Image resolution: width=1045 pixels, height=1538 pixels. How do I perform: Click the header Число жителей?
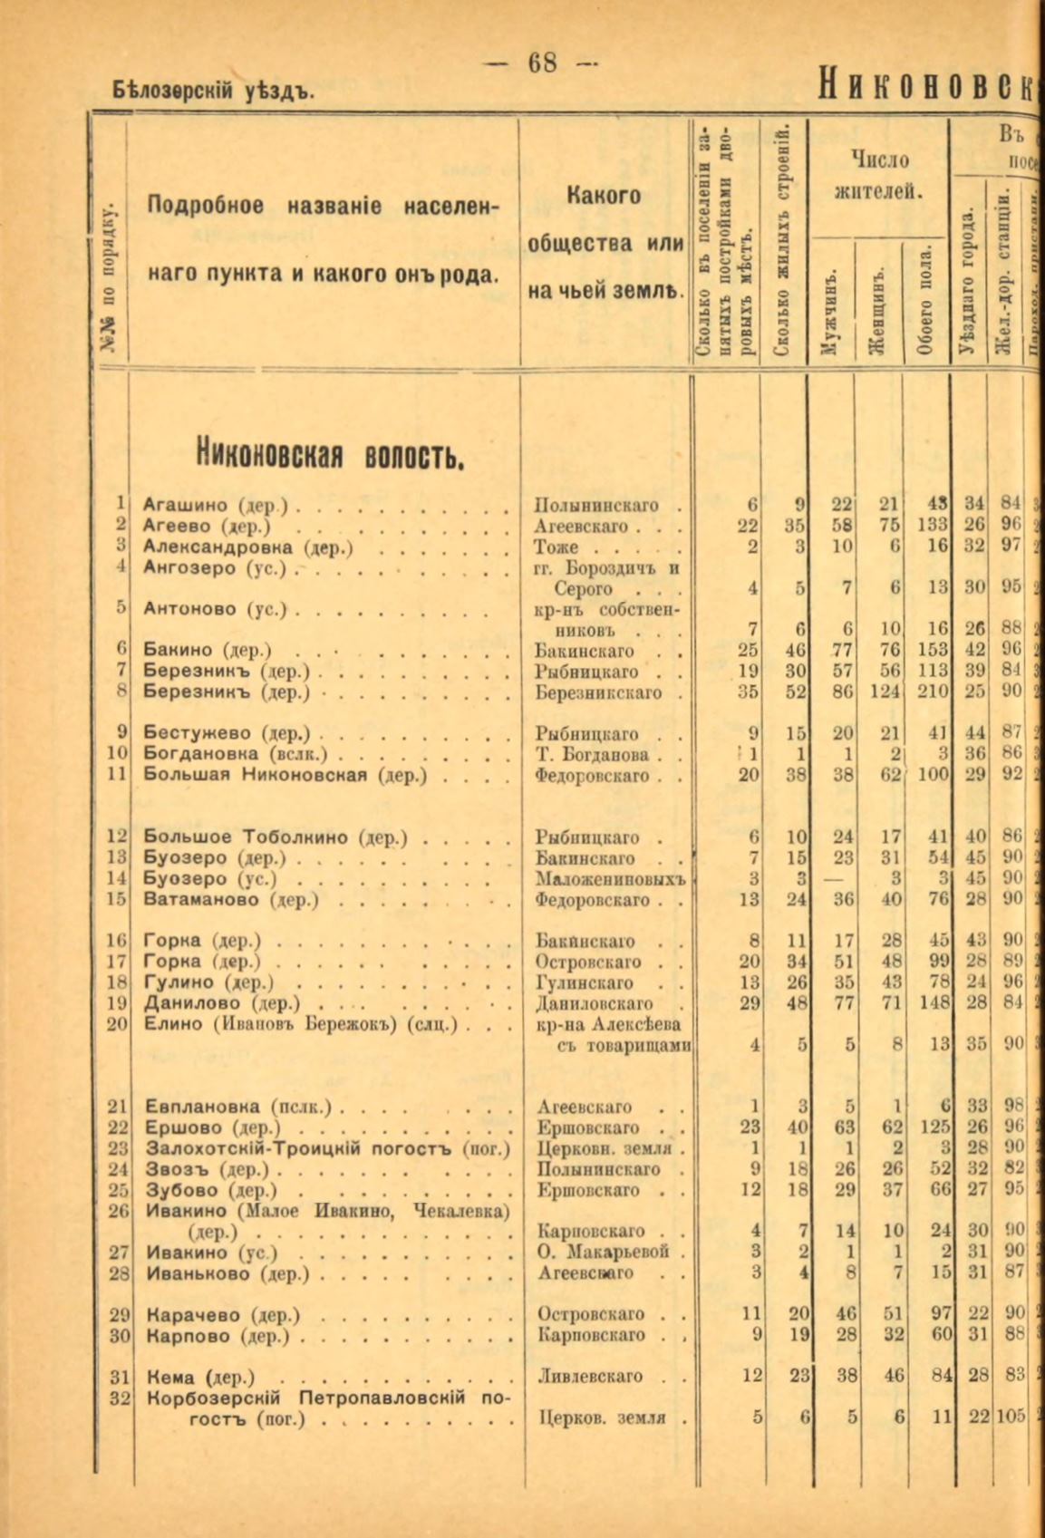point(879,176)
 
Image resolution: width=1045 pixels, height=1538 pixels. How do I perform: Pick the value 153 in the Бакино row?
point(930,650)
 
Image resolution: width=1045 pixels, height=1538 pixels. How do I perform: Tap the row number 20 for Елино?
point(118,1024)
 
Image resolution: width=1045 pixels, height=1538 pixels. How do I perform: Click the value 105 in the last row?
point(1010,1417)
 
